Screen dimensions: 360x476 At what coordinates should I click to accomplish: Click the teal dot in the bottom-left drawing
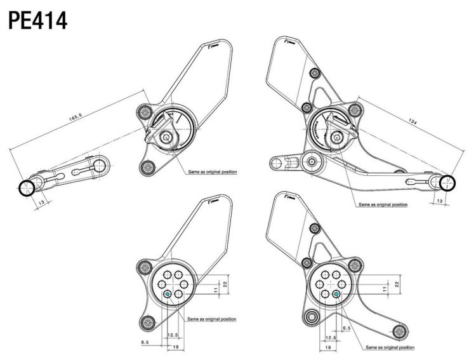[167, 294]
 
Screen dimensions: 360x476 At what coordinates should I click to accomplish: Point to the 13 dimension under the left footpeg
[42, 203]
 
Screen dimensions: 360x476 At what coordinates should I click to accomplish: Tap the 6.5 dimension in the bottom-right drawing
[347, 328]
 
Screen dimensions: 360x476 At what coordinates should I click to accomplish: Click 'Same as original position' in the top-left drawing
[213, 171]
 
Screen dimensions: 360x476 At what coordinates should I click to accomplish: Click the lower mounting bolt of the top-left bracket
[147, 168]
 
